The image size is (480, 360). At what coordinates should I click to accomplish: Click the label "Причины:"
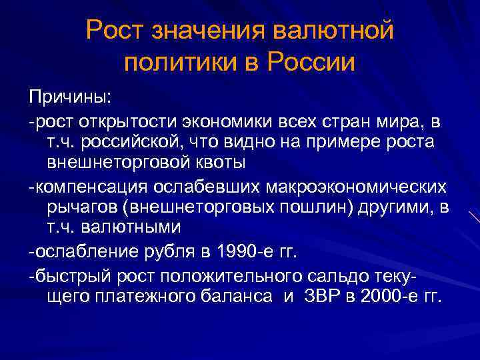click(71, 97)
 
